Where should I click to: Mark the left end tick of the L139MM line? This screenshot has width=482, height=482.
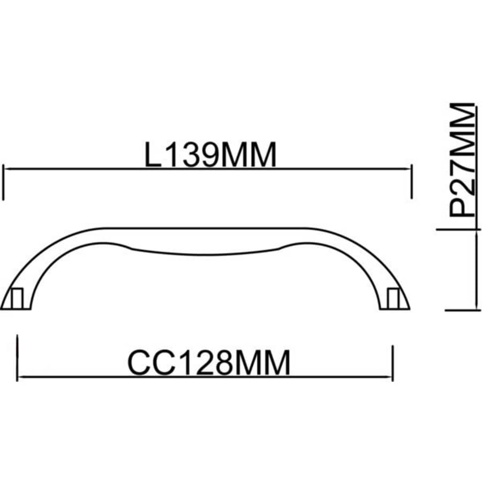coord(4,182)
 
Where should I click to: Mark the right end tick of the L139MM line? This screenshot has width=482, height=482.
coord(412,182)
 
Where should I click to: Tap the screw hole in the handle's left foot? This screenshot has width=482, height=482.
coord(17,298)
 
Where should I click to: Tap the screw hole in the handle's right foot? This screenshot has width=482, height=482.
coord(394,298)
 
